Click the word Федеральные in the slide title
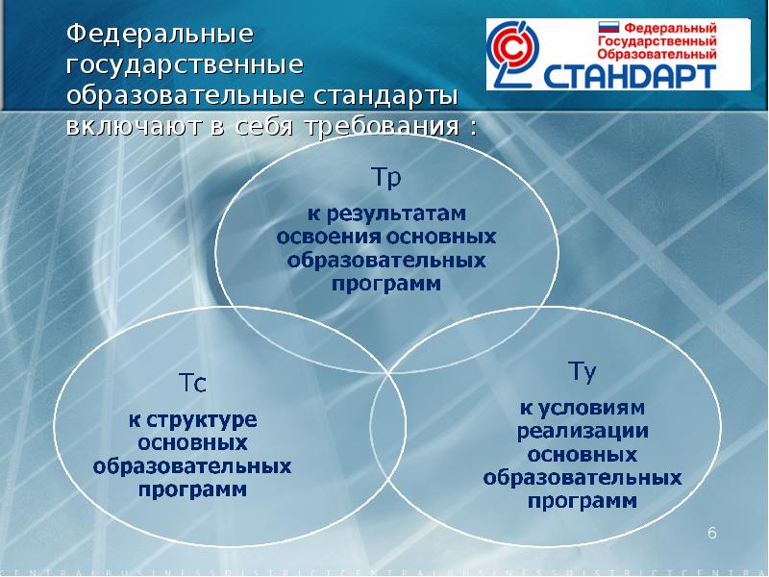160,35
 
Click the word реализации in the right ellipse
583,431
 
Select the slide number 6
712,533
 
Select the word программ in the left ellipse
192,490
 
